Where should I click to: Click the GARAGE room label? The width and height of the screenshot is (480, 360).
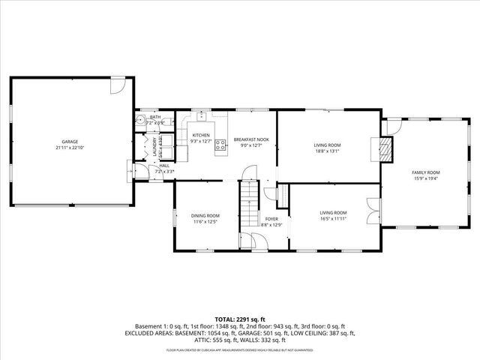point(70,142)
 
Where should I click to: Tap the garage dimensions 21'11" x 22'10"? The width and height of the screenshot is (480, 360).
point(70,148)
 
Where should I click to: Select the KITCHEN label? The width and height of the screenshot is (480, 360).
point(201,135)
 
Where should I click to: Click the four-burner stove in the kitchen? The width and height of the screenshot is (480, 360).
point(221,145)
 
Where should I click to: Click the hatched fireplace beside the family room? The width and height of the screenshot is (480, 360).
point(386,149)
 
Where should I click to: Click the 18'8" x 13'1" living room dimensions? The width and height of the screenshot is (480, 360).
point(327,151)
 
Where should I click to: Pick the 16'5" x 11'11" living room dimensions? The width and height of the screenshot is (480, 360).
point(333,218)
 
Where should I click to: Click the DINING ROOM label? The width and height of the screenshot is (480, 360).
point(205,216)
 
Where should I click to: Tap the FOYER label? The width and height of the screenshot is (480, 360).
point(271,219)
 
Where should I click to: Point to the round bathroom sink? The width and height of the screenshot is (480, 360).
point(140,120)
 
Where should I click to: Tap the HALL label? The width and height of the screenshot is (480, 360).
point(163,166)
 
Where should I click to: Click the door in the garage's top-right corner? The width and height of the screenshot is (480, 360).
point(117,87)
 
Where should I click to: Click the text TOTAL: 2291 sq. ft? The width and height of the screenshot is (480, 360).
point(239,319)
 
